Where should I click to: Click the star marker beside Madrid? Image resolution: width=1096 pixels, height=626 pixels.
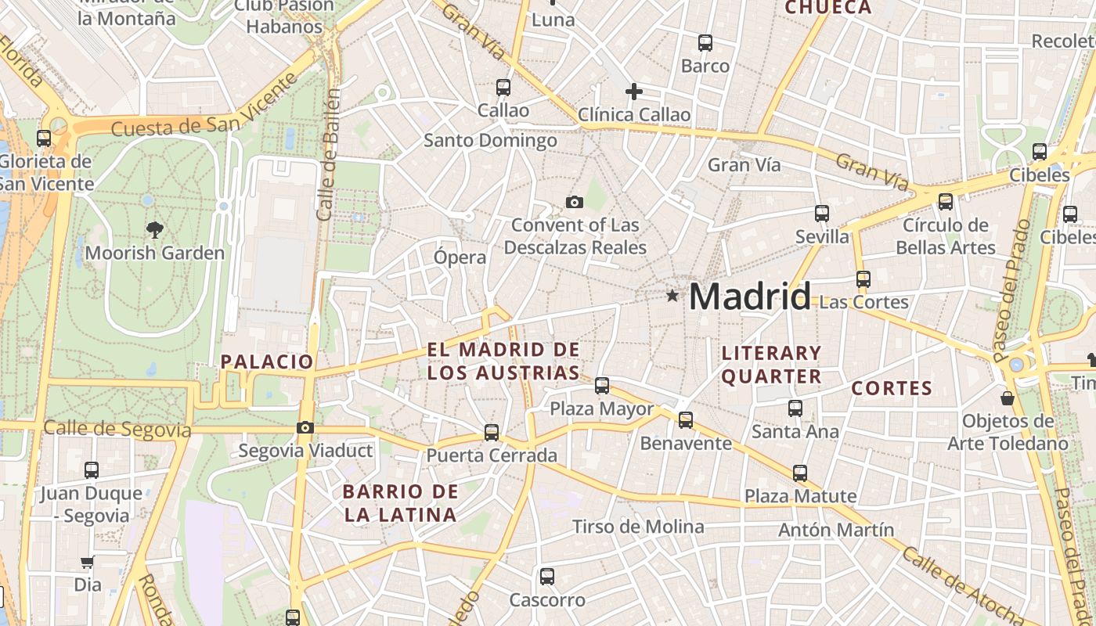point(672,296)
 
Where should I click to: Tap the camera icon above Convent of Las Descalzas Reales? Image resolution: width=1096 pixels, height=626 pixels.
point(574,203)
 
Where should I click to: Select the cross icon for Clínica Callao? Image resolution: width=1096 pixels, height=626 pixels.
point(633,92)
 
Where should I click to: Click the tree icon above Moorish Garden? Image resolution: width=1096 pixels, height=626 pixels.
point(154,230)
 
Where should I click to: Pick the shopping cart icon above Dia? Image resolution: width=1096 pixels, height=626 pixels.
point(87,563)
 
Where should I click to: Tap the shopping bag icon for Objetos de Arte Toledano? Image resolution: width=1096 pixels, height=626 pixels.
point(1008,398)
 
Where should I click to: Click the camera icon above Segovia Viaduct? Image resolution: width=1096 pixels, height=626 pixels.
point(305,427)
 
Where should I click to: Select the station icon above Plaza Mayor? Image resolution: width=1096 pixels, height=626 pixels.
point(601,385)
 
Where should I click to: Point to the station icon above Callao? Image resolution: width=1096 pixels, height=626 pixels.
point(503,88)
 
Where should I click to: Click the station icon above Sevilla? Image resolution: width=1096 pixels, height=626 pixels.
point(821,213)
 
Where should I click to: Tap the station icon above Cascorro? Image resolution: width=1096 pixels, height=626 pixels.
point(546,577)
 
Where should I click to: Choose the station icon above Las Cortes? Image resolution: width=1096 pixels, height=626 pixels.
point(863,279)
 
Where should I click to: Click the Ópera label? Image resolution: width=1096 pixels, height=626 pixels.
point(460,257)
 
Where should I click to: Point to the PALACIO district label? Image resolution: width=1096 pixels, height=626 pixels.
point(267,362)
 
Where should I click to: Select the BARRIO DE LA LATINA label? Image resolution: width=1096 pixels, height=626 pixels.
point(400,503)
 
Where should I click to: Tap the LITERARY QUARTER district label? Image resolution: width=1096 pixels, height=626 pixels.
point(771,365)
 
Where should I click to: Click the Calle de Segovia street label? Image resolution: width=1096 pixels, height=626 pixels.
point(117,429)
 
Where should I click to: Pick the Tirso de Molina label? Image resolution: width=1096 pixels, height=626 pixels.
point(638,527)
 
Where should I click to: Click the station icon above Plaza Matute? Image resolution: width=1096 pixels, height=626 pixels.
point(799,473)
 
